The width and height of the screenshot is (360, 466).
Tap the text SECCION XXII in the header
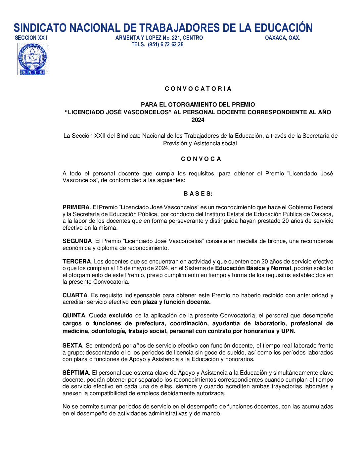pyautogui.click(x=31, y=38)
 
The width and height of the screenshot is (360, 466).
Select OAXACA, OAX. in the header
pyautogui.click(x=283, y=38)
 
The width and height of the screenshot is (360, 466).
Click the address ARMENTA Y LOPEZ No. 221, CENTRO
pyautogui.click(x=159, y=38)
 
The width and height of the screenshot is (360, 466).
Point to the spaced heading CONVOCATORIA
pyautogui.click(x=198, y=89)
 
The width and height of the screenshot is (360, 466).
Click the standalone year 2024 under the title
pyautogui.click(x=198, y=120)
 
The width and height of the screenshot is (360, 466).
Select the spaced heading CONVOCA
pyautogui.click(x=201, y=159)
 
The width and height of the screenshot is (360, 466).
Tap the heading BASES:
pyautogui.click(x=198, y=194)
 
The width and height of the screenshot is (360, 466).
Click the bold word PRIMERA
pyautogui.click(x=76, y=207)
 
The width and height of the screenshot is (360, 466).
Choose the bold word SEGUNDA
pyautogui.click(x=77, y=241)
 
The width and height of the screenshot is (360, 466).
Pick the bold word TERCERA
pyautogui.click(x=76, y=261)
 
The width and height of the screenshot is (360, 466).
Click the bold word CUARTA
pyautogui.click(x=75, y=295)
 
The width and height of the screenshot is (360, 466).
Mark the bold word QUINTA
pyautogui.click(x=74, y=315)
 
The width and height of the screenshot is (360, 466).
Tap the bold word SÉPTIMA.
pyautogui.click(x=76, y=373)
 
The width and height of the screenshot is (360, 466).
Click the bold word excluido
pyautogui.click(x=121, y=315)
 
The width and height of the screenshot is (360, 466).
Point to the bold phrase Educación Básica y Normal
pyautogui.click(x=253, y=268)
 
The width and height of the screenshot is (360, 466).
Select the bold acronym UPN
pyautogui.click(x=288, y=331)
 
